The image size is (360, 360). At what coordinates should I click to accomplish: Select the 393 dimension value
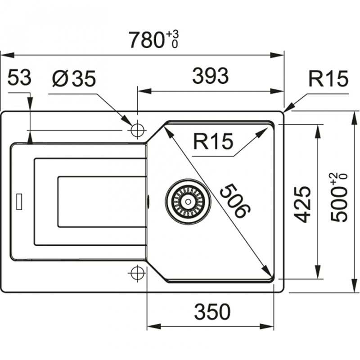click(210, 77)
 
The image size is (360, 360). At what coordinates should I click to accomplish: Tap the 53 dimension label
click(19, 79)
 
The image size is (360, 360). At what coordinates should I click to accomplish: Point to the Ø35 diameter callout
click(74, 79)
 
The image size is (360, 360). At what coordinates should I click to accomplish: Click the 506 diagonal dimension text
click(234, 200)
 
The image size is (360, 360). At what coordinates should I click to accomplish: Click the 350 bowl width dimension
click(212, 311)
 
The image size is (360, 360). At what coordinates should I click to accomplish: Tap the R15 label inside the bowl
click(213, 143)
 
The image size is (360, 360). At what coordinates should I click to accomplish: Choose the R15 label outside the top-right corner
click(328, 79)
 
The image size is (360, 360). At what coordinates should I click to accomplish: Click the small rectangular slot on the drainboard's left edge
click(19, 201)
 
